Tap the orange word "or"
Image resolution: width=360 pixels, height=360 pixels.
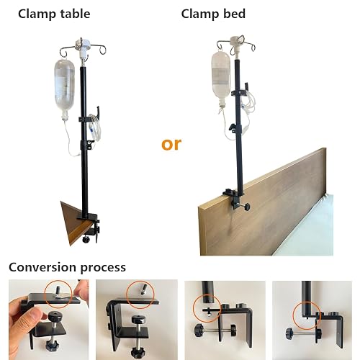click(x=171, y=144)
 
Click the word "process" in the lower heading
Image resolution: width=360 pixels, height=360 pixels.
click(x=103, y=268)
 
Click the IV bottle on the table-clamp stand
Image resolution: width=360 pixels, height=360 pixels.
click(x=65, y=89)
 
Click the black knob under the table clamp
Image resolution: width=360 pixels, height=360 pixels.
click(x=86, y=239)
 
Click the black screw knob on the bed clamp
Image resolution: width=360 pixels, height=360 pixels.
click(x=246, y=207)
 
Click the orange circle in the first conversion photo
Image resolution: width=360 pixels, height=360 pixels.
click(x=58, y=294)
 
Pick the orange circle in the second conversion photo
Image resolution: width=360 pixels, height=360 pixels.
click(x=140, y=294)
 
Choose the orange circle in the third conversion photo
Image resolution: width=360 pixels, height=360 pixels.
click(x=207, y=308)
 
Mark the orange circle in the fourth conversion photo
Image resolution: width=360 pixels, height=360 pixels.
click(x=307, y=315)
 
